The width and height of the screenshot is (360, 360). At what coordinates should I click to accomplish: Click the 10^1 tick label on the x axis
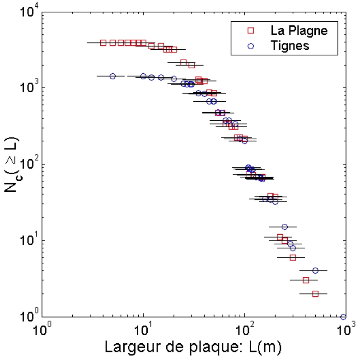[x=144, y=329]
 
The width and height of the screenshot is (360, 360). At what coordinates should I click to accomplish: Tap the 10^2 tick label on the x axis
[x=245, y=329]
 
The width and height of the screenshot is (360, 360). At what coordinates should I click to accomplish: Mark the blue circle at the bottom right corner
[x=343, y=317]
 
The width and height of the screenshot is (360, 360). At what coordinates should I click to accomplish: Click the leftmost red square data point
[x=103, y=43]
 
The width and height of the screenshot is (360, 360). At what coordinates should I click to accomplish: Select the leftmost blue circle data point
[x=112, y=76]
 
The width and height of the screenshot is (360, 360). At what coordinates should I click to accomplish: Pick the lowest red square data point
[x=315, y=294]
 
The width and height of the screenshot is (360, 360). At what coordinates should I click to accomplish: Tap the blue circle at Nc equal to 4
[x=315, y=270]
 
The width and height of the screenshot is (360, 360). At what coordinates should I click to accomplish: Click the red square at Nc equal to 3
[x=306, y=280]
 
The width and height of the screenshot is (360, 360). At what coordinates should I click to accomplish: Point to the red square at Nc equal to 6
[x=293, y=257]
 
